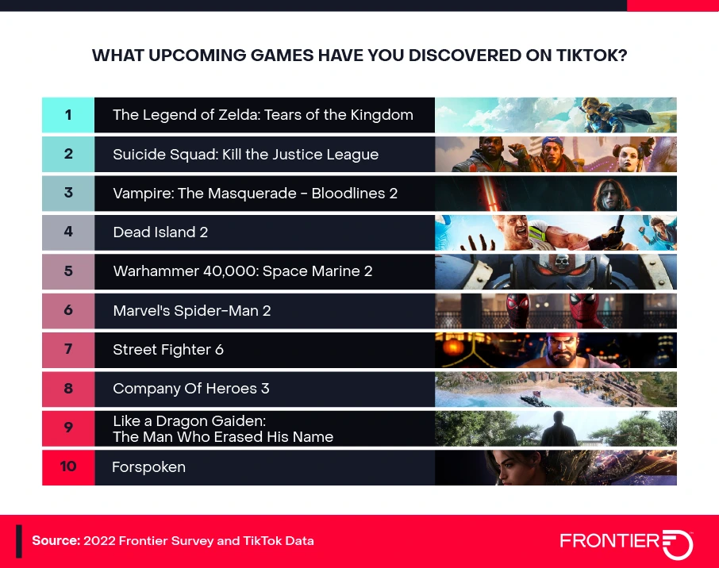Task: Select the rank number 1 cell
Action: coord(68,115)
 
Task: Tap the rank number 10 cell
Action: coord(68,467)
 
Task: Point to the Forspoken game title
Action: coord(149,467)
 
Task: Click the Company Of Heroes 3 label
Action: coord(191,389)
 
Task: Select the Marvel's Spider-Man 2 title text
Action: coord(192,311)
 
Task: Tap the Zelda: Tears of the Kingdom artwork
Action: coord(556,115)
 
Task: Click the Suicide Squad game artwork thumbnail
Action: coord(556,154)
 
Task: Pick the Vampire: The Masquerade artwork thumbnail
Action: coord(556,193)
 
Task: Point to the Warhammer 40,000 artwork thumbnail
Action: coord(556,271)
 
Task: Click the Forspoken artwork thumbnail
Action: coord(556,467)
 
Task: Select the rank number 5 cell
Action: coord(68,271)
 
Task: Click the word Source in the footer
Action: coord(56,541)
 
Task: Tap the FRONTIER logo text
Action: coord(609,541)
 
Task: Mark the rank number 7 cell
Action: coord(68,350)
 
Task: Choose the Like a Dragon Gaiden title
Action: coord(223,428)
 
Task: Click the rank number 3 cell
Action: coord(68,193)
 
